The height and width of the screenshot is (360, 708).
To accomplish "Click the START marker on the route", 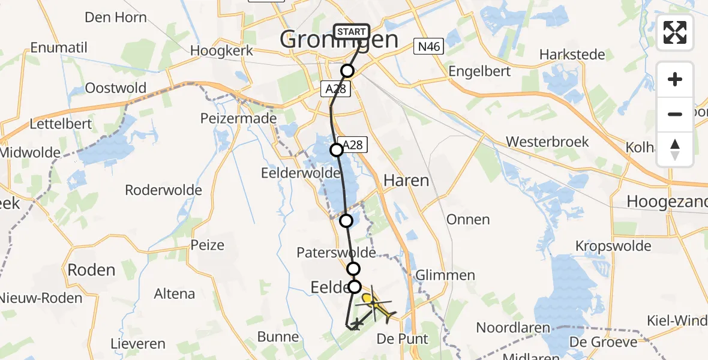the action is point(351,32).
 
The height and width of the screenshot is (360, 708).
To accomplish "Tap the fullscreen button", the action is point(675,32).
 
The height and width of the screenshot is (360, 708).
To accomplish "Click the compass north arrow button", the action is point(675,149).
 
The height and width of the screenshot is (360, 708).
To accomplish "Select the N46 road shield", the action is point(428,46).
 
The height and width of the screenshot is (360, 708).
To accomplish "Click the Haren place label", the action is point(406,180).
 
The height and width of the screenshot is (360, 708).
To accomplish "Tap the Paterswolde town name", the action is point(336,253).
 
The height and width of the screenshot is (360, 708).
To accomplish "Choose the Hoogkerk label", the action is point(222,51).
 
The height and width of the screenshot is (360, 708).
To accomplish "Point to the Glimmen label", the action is point(445,275).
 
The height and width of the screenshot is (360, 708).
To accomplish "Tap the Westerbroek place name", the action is point(547,142).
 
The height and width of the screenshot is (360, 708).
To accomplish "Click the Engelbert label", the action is point(480,71).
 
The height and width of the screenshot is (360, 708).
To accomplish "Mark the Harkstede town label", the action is point(572,55).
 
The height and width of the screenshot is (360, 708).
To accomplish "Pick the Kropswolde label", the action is point(613,246).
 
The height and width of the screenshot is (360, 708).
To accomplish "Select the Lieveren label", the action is point(138,344).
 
